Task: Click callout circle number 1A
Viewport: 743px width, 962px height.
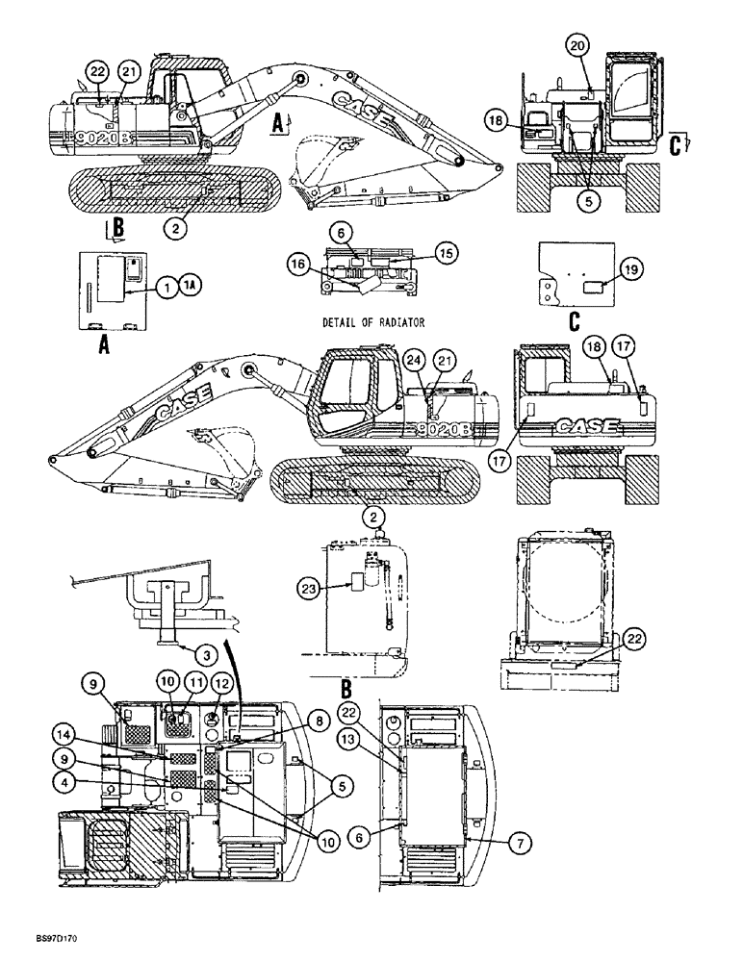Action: click(x=189, y=285)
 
